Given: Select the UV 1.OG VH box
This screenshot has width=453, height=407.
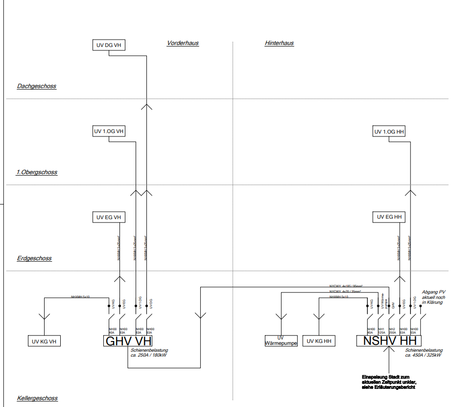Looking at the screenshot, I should click(109, 131).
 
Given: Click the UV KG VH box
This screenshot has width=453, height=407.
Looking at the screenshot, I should click(44, 341).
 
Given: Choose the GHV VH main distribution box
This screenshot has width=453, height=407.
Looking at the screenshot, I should click(128, 341).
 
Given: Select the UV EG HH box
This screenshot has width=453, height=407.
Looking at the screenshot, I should click(390, 217).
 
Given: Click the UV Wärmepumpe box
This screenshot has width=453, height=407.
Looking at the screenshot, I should click(281, 341).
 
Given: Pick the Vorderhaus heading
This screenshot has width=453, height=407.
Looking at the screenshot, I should click(183, 43).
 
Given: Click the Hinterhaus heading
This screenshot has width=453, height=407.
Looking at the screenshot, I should click(279, 43).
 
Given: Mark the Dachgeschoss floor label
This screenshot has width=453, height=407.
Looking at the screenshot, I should click(37, 86).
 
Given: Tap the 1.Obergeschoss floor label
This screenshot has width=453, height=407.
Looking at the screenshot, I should click(37, 172).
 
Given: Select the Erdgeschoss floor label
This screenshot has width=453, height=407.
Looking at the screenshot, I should click(34, 258).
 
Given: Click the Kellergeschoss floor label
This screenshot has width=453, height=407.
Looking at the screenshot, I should click(37, 398).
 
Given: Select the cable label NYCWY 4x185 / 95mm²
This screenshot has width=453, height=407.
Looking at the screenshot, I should click(346, 285).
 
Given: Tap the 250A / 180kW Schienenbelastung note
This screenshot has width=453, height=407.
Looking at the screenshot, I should click(149, 353).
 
